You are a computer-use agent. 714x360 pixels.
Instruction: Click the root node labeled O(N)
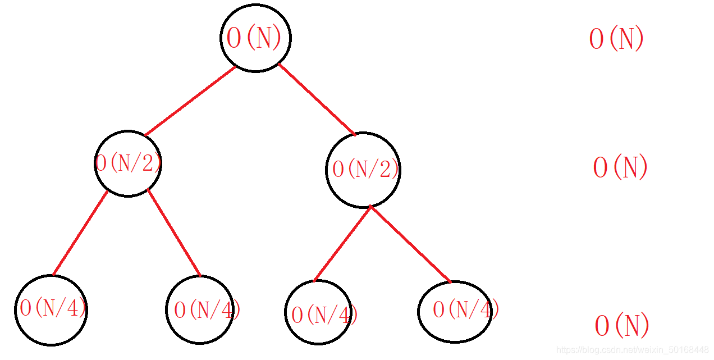(255, 38)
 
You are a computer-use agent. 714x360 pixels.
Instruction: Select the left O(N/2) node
(128, 163)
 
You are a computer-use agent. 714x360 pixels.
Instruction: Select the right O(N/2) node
(363, 170)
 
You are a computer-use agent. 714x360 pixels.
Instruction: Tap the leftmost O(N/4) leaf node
(51, 309)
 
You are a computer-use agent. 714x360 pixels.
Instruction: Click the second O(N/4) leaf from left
(200, 309)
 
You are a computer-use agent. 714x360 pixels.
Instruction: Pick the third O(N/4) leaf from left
(318, 312)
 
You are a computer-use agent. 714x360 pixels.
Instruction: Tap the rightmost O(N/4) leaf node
(455, 311)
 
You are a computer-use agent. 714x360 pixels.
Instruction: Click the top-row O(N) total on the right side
(616, 39)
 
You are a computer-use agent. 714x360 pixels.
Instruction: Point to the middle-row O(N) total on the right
(620, 167)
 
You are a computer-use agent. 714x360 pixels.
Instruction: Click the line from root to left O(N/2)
(191, 101)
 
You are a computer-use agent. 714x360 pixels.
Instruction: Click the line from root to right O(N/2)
(317, 99)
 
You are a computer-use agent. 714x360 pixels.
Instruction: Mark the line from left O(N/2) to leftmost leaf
(80, 233)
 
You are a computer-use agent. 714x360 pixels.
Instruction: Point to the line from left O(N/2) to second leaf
(174, 233)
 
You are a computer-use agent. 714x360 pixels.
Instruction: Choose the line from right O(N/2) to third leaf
(342, 243)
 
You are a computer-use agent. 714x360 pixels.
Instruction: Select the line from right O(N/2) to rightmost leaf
(410, 244)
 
